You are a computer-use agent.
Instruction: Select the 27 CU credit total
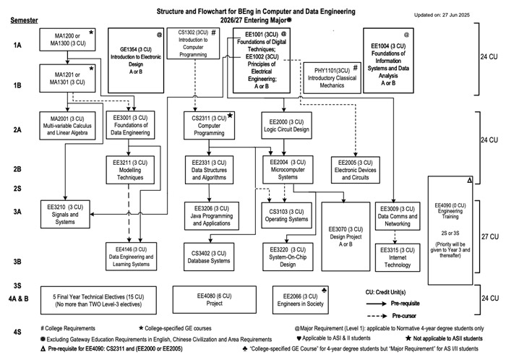point(491,236)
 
